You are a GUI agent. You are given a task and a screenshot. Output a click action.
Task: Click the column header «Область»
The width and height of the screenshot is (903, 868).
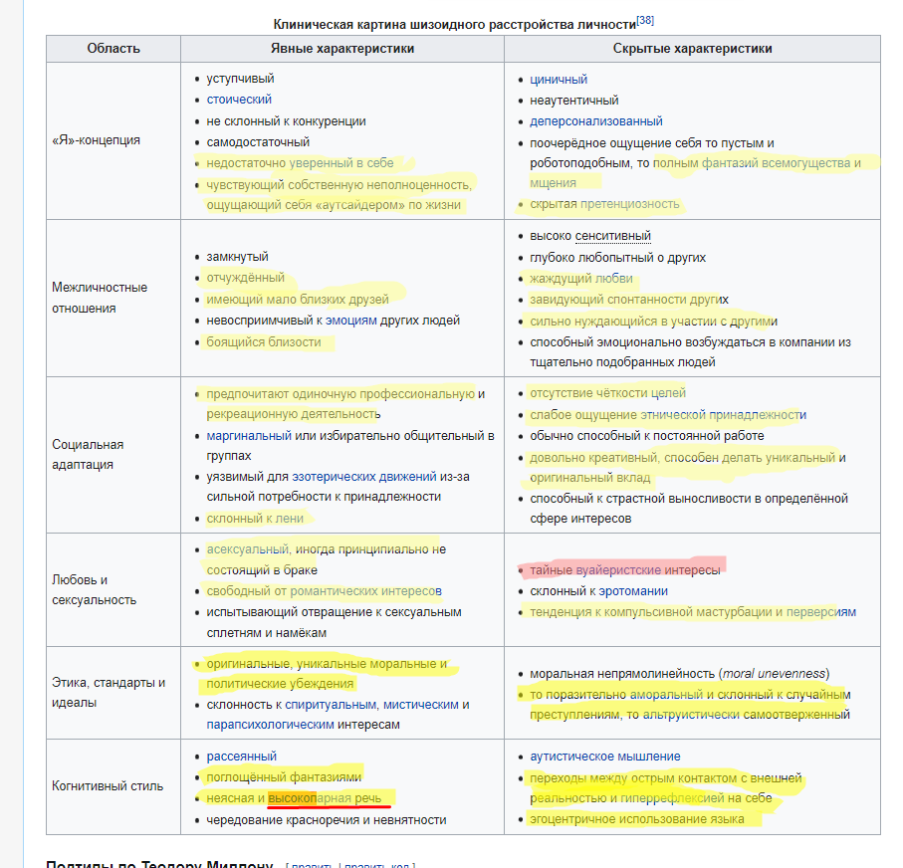point(113,49)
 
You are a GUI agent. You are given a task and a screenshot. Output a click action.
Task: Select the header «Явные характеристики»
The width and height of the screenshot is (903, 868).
point(342,49)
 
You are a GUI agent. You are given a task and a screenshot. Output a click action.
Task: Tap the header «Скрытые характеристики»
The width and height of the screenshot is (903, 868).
point(692,49)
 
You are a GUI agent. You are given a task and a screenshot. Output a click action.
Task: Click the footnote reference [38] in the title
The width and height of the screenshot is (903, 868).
point(645,21)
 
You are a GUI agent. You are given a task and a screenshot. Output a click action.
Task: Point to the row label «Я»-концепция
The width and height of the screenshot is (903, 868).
point(96,140)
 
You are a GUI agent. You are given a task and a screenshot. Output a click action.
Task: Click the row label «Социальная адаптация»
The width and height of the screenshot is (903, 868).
point(88,455)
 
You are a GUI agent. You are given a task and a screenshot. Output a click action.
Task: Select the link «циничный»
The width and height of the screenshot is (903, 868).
point(559,79)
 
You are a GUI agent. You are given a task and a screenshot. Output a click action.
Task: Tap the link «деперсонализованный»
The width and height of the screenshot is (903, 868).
point(595,121)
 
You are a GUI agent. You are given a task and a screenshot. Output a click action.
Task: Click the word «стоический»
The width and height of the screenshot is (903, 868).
point(239,100)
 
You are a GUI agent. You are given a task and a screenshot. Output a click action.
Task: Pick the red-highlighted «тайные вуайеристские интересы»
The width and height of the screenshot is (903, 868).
point(624,569)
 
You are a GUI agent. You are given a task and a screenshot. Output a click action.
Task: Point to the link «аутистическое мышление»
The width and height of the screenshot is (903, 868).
point(604,757)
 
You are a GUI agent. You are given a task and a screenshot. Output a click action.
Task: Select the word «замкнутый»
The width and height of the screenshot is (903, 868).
point(237,257)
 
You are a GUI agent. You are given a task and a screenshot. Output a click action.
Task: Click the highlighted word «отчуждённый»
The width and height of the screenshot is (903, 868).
point(245,278)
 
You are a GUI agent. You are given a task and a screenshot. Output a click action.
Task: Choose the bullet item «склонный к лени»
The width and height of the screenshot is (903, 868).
point(255,518)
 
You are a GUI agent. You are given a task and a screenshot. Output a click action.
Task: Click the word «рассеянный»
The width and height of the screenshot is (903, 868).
point(241,757)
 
